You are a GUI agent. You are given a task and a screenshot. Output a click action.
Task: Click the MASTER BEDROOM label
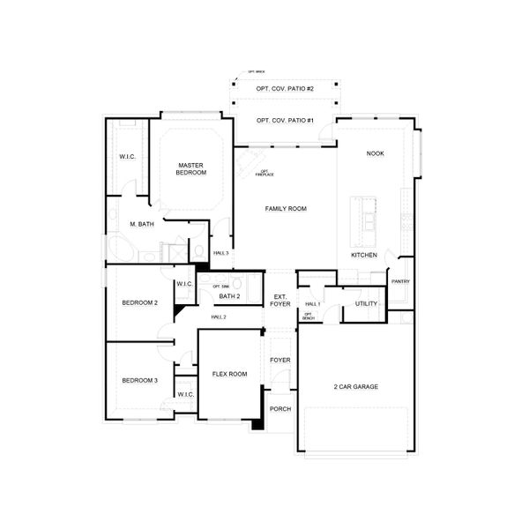(x=190, y=168)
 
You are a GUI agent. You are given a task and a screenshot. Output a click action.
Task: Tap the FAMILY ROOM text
(x=286, y=208)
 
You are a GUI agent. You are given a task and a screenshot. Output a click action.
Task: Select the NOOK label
(x=376, y=153)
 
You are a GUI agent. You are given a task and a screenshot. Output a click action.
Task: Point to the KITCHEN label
(x=364, y=255)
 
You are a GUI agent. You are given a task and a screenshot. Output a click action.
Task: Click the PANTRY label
(x=400, y=281)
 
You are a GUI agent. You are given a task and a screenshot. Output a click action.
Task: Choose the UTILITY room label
(x=366, y=303)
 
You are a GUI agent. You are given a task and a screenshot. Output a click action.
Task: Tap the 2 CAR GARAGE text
(x=357, y=386)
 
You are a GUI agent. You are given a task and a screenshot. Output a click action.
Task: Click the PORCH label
(x=280, y=408)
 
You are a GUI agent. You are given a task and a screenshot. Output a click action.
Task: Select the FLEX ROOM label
(x=229, y=374)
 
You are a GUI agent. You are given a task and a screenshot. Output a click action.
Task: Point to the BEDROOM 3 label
(x=140, y=380)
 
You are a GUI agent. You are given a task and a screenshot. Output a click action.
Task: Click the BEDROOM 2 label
(x=140, y=302)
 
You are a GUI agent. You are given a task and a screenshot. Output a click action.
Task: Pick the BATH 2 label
(x=230, y=296)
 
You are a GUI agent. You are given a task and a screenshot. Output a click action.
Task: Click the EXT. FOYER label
(x=280, y=301)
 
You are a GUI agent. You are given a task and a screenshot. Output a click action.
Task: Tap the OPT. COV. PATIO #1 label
(x=286, y=120)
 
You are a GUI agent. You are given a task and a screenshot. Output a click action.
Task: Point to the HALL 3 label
(x=220, y=253)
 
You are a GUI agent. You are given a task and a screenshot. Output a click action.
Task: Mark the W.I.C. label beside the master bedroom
(x=127, y=157)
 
